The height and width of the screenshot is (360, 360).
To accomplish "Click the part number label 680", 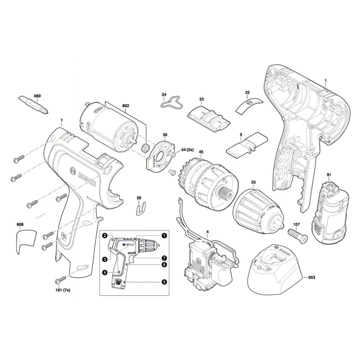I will (37, 96).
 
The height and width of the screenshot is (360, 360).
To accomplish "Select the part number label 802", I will (126, 106).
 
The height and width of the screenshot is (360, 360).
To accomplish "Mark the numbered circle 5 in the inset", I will (164, 282).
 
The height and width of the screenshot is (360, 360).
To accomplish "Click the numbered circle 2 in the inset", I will (104, 236).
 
